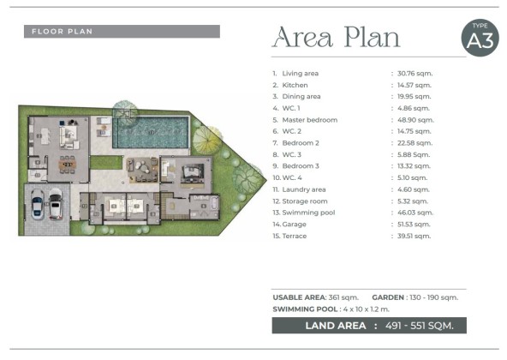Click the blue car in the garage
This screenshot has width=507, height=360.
(38, 204)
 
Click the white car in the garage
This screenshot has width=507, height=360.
(56, 204)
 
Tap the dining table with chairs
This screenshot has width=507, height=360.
(68, 164)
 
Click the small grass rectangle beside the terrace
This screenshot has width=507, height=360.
(106, 163)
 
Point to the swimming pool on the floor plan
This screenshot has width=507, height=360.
(151, 132)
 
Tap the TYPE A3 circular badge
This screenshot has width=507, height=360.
(480, 38)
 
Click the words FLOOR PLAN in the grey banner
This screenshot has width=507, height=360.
(62, 32)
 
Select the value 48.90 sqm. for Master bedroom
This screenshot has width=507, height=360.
(415, 120)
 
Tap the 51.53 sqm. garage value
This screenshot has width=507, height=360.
(414, 225)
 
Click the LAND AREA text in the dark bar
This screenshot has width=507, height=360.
(336, 326)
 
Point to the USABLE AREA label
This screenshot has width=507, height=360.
(299, 297)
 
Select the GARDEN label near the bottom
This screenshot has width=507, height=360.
(388, 297)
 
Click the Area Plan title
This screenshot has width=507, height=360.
(337, 37)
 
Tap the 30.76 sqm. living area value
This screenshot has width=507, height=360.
(415, 74)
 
